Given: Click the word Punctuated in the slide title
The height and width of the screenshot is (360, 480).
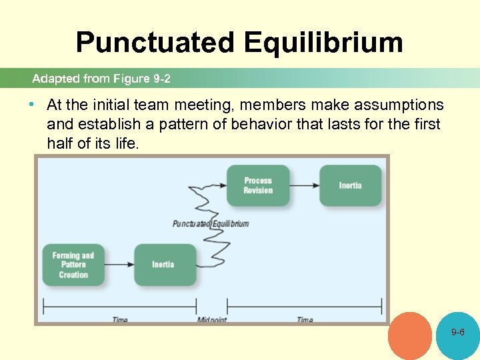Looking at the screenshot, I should point(155,42).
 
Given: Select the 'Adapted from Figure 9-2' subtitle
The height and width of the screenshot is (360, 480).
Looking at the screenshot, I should point(101,79).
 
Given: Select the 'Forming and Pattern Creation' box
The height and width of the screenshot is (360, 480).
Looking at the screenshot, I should point(73,265).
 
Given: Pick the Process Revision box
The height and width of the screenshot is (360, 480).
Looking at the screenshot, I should point(258,185).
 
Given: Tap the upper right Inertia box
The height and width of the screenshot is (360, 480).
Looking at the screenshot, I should point(350,185).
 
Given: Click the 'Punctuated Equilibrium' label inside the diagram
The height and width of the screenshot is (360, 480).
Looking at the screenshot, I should point(210,223).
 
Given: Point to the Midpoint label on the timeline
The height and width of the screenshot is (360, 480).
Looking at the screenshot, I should point(212,320).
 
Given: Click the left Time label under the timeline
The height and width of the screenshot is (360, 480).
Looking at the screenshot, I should point(119,320).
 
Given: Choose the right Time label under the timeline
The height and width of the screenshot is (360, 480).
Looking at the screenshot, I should point(305,320).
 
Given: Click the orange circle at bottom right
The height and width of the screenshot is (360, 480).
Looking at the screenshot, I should point(410,336).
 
